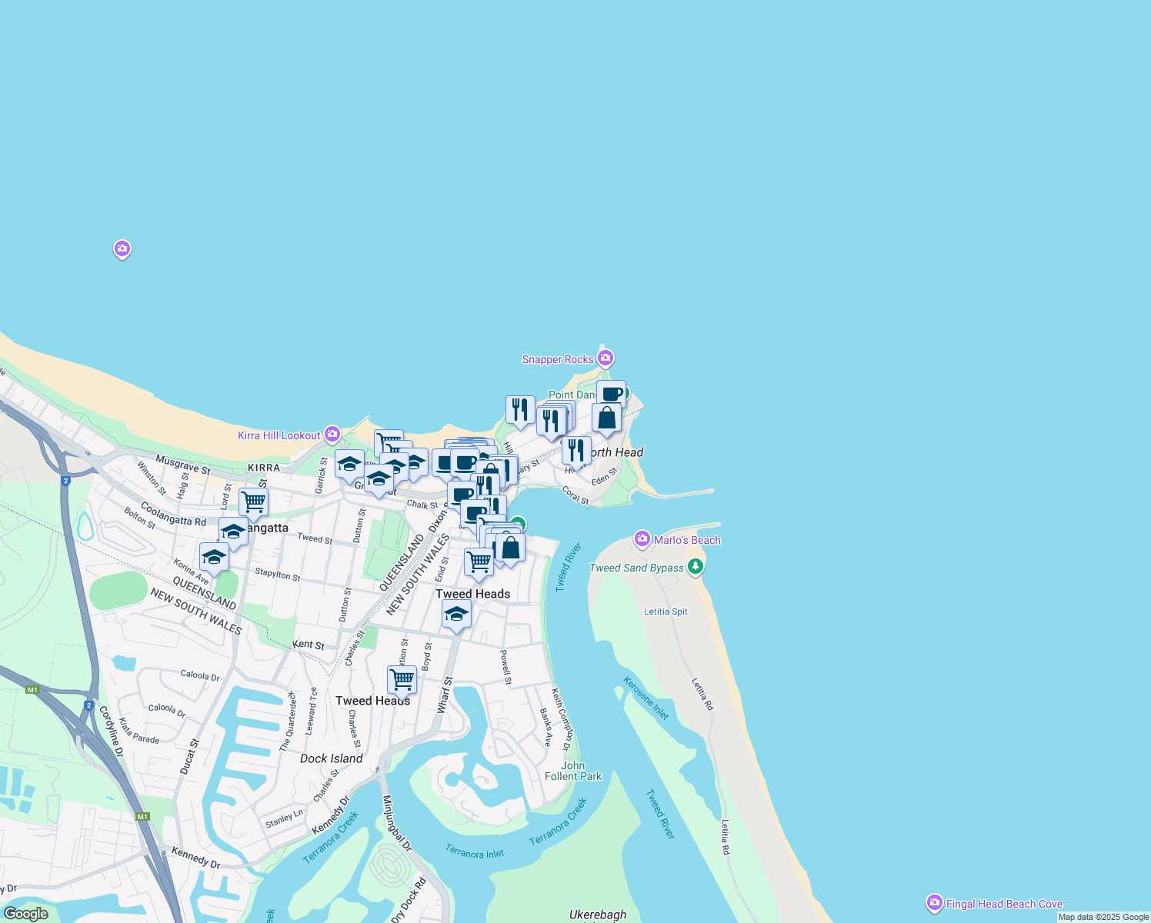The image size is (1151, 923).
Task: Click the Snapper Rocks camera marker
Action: [606, 358]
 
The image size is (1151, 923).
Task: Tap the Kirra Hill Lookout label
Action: [279, 435]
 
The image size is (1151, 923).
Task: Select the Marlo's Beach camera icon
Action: [642, 539]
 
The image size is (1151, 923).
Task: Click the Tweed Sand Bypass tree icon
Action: [696, 567]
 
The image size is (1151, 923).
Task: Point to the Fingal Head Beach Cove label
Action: [1004, 904]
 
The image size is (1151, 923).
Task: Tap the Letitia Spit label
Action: [666, 611]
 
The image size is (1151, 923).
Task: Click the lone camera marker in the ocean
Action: [122, 248]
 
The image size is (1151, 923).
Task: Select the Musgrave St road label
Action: [183, 465]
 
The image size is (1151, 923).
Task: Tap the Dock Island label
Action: [331, 758]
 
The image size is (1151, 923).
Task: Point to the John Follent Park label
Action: [573, 771]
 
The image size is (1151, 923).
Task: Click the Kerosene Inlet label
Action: [646, 698]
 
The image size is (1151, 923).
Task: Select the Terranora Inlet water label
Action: [475, 851]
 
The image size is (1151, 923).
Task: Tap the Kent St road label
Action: [308, 645]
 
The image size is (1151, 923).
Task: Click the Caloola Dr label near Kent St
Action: [200, 675]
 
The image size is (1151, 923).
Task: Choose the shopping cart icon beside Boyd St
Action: [402, 680]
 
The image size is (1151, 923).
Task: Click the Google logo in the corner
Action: [26, 914]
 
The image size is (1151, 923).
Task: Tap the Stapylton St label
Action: [277, 575]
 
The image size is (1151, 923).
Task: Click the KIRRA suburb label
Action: [264, 468]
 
